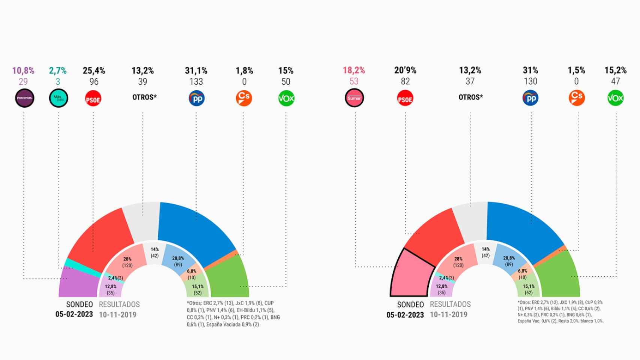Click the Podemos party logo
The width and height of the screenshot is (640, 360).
[x=25, y=98]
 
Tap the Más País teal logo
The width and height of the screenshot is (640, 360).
[x=59, y=98]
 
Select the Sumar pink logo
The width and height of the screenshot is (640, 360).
[x=354, y=98]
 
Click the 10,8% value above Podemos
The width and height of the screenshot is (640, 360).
[x=23, y=70]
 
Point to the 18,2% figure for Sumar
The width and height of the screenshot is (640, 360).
[x=354, y=70]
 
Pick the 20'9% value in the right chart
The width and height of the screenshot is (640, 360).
[x=405, y=70]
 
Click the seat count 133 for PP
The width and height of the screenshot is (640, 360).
[x=196, y=82]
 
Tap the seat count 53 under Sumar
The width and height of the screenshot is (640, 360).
[x=354, y=81]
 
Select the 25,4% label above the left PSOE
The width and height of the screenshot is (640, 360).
[x=94, y=70]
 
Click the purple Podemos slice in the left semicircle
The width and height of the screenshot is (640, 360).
[x=79, y=283]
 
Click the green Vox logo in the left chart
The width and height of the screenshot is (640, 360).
[x=286, y=99]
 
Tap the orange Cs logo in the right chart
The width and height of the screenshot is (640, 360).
[x=577, y=98]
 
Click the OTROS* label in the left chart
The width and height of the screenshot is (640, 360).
[x=144, y=97]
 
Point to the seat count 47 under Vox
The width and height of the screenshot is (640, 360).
[x=615, y=81]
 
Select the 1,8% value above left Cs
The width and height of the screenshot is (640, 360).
[x=244, y=70]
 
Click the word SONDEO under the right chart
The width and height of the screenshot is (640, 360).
[x=410, y=304]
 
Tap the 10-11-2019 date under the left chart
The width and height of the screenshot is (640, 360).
[x=117, y=315]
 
